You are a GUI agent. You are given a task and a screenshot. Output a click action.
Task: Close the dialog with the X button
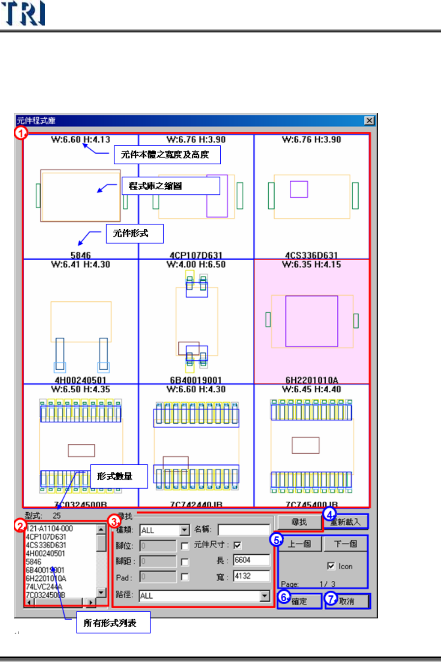click(x=369, y=121)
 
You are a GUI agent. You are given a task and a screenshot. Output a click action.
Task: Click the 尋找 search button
click(x=299, y=522)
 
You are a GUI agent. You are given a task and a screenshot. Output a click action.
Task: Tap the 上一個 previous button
click(x=299, y=544)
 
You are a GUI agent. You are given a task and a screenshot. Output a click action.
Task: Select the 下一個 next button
click(x=345, y=544)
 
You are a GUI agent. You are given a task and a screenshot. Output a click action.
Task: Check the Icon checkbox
click(x=331, y=566)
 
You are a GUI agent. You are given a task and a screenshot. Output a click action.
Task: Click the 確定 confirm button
click(x=299, y=601)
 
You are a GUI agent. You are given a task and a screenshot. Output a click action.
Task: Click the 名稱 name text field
click(x=244, y=530)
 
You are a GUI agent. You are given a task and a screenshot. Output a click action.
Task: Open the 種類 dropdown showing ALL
click(x=184, y=530)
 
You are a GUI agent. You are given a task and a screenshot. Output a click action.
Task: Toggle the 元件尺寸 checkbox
click(x=237, y=545)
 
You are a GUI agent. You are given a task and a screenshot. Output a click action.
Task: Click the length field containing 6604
click(x=251, y=560)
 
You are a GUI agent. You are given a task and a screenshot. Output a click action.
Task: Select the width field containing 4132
click(x=251, y=576)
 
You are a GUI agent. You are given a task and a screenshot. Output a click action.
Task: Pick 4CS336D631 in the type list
click(x=46, y=545)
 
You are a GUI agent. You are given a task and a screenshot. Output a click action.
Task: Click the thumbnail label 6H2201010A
click(x=312, y=380)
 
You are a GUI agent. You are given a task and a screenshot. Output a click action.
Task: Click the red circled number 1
click(x=21, y=133)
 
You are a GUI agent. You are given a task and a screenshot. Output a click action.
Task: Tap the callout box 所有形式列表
click(x=113, y=623)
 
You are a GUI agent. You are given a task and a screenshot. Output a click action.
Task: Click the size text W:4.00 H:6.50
click(x=196, y=264)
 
